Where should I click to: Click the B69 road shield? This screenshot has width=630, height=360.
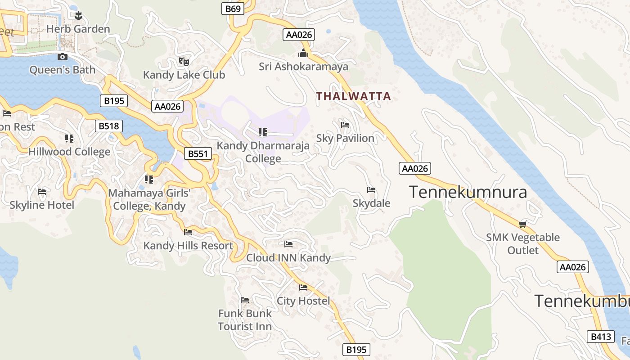click(233, 9)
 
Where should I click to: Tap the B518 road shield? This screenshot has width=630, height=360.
click(109, 126)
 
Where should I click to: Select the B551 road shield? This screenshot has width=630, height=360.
click(198, 154)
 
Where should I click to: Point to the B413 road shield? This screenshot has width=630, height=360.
click(601, 337)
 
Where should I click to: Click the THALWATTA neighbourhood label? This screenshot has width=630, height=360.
click(353, 96)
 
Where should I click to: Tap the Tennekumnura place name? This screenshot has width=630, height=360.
click(468, 192)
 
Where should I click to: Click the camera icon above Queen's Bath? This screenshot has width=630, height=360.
click(63, 57)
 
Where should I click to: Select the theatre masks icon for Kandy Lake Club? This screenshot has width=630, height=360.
click(184, 61)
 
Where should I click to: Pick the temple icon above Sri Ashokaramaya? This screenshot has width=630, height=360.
click(303, 54)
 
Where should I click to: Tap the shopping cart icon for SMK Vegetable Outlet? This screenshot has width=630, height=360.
click(522, 224)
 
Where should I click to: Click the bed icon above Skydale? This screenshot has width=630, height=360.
click(371, 190)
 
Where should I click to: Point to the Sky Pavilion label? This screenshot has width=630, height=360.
click(345, 138)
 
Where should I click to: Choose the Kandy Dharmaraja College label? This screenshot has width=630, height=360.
click(263, 152)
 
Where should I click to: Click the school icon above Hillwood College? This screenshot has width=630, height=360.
click(69, 138)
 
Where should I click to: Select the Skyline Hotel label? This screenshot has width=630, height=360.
click(42, 205)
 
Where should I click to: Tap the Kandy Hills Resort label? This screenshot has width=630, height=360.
click(188, 246)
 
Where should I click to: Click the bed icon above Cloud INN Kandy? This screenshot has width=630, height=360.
click(288, 244)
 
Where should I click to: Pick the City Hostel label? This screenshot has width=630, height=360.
click(303, 301)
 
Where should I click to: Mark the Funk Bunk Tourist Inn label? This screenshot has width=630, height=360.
click(245, 319)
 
